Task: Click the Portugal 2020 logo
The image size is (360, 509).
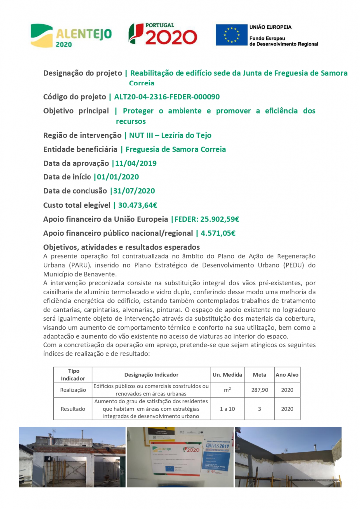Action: point(163,35)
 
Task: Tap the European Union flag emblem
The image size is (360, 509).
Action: point(231,35)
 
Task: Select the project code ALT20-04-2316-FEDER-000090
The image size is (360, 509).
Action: point(167,97)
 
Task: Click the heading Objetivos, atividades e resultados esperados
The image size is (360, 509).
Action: point(122,247)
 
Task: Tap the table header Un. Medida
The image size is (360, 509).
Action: point(227,374)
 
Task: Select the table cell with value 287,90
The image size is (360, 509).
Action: point(259,390)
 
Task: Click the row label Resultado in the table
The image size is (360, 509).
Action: point(73,409)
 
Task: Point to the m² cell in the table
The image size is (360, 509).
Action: point(227,390)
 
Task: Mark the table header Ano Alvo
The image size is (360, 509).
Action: point(287,374)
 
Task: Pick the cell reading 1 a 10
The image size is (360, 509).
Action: point(227,409)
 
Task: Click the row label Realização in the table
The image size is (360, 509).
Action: point(73,390)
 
